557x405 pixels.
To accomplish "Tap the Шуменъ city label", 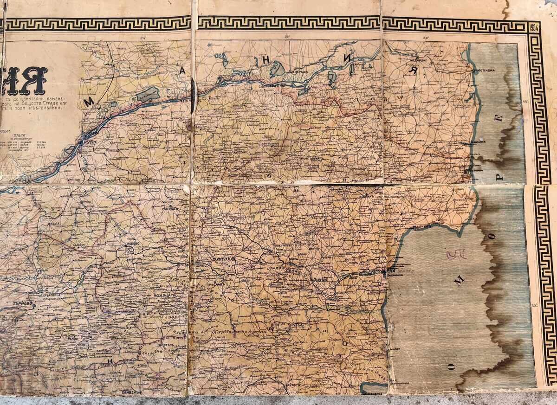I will (x=222, y=260).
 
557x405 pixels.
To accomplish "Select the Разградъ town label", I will (x=170, y=208).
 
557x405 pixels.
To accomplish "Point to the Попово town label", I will (x=133, y=243).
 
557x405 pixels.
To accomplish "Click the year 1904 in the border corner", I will (x=534, y=26).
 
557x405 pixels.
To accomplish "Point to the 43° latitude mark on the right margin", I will (x=534, y=305).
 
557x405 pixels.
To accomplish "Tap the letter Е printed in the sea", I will (x=499, y=117).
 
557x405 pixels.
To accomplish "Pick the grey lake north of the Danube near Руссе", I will (x=147, y=94).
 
